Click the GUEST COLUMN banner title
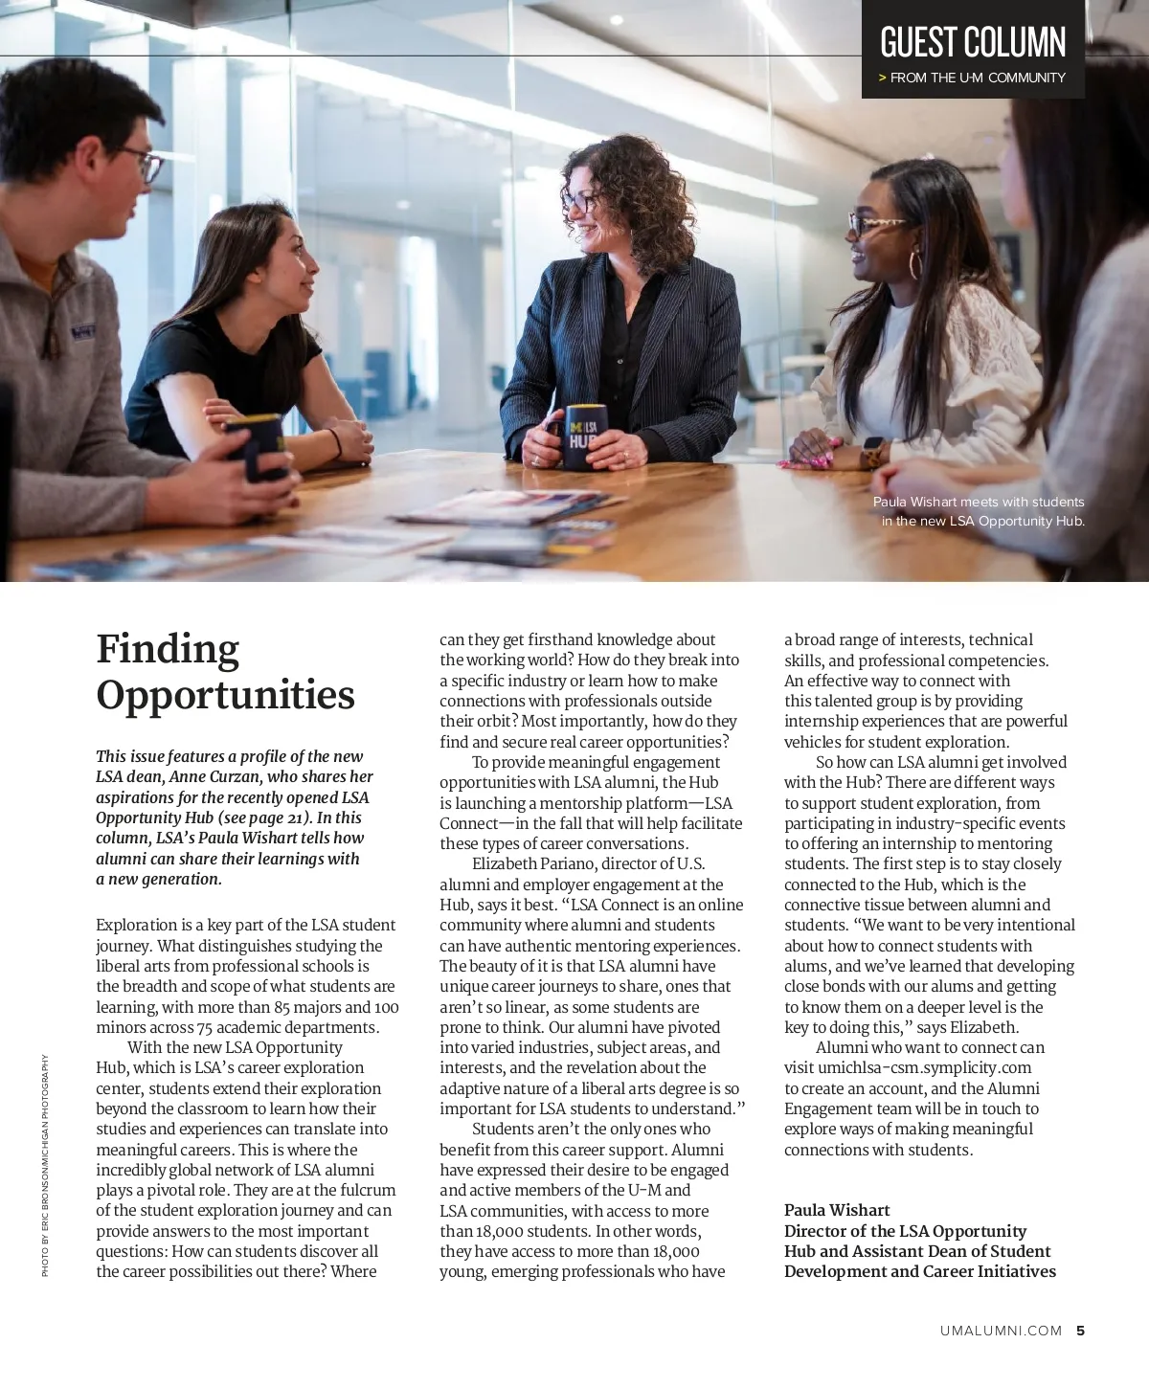point(972,43)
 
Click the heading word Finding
point(168,649)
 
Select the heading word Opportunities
point(225,695)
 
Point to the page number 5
point(1080,1330)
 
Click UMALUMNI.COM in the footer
point(1001,1330)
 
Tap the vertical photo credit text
point(44,1164)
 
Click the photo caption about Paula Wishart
point(979,511)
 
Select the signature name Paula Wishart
point(837,1210)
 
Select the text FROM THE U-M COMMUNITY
point(978,78)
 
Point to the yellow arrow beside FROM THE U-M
point(882,78)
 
